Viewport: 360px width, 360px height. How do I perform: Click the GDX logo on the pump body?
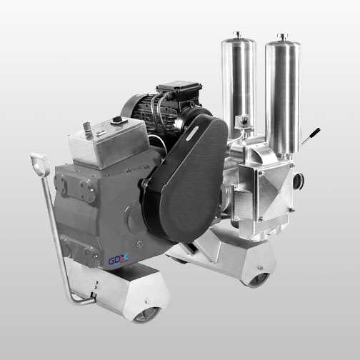pos(119,259)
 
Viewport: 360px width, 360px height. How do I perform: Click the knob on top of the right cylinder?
pos(283,37)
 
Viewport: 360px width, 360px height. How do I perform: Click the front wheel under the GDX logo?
pos(146,315)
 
